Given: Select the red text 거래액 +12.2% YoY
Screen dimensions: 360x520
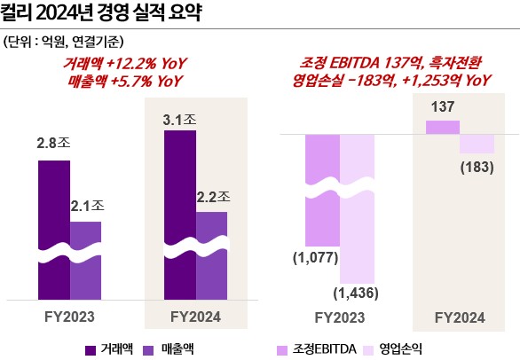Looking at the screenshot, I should coord(119,64).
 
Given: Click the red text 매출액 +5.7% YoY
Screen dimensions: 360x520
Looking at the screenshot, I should coord(119,80).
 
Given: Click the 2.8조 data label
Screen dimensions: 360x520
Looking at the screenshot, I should coord(54,143).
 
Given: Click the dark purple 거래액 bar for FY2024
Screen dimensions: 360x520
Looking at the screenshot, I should coord(179,213).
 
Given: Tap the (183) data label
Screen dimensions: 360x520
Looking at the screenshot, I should coord(477,166).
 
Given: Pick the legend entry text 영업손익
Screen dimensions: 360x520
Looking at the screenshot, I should coord(404,348).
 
